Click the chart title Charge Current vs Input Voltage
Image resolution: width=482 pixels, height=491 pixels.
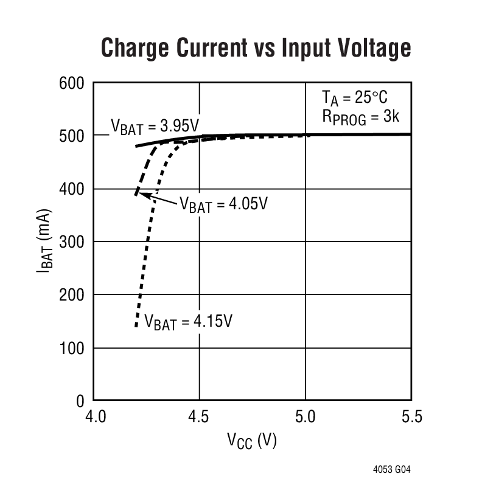tap(256, 47)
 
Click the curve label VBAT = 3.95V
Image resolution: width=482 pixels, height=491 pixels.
tap(155, 127)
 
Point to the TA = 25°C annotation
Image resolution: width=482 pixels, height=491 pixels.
tap(354, 98)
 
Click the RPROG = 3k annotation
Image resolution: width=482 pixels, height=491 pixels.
tap(359, 117)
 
